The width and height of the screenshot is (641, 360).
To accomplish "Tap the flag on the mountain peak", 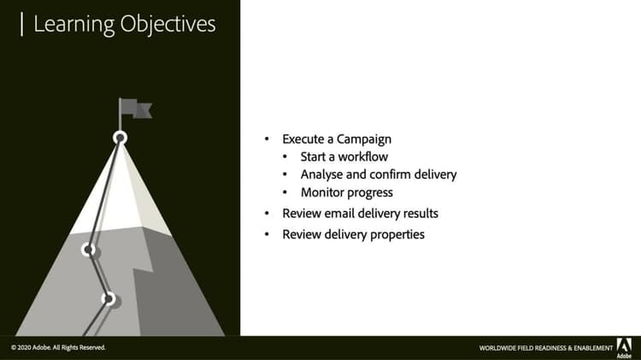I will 134,109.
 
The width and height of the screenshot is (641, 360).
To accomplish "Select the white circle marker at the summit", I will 121,137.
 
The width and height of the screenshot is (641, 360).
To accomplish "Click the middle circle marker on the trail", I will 87,250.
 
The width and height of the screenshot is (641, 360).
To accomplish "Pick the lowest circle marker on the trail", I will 109,298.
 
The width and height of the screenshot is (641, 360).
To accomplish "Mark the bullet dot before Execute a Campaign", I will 267,139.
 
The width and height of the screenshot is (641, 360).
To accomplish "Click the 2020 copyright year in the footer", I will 27,348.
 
